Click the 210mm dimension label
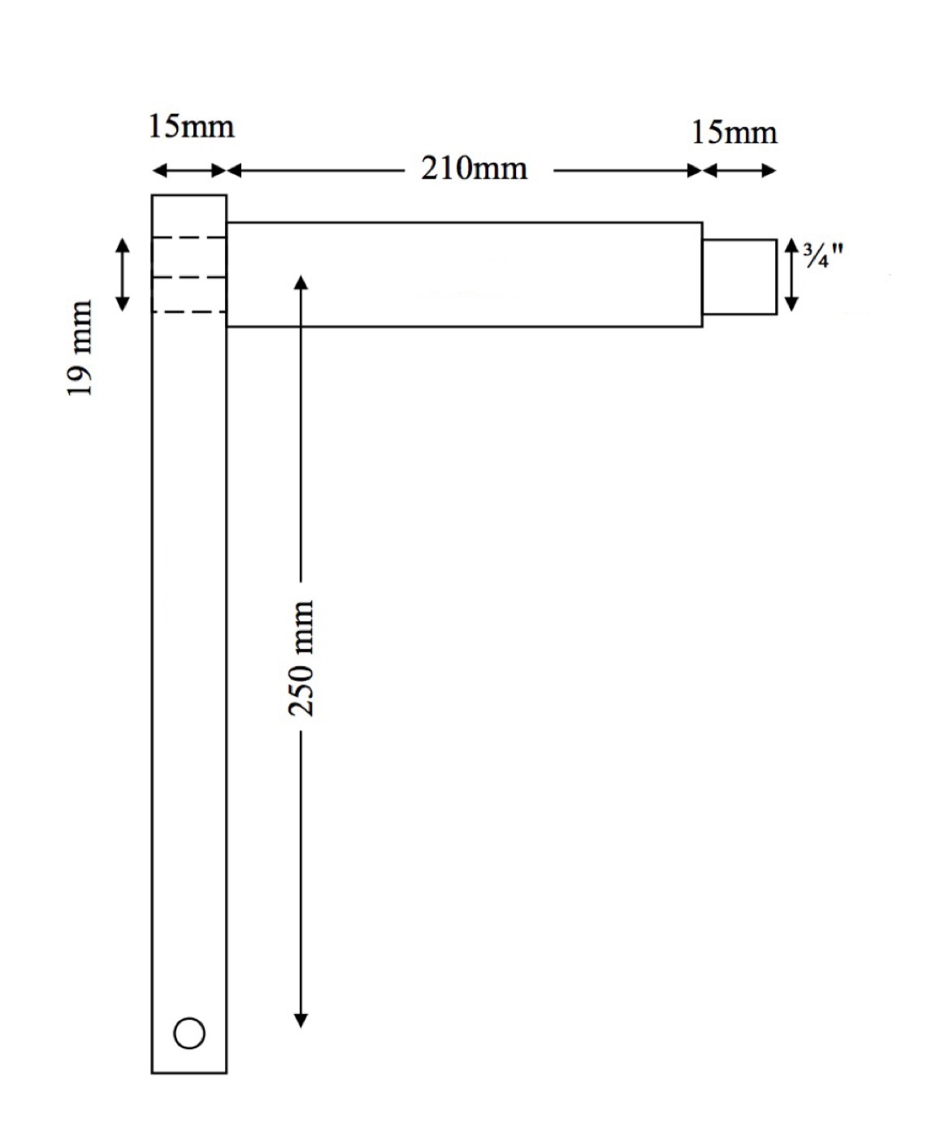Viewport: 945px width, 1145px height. pos(474,168)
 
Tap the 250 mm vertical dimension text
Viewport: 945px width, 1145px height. pos(301,658)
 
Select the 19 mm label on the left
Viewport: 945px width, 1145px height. pos(80,349)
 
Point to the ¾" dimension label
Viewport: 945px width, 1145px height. pos(822,255)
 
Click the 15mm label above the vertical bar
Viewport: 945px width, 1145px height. pos(191,127)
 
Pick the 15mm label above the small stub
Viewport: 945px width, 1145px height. pos(734,133)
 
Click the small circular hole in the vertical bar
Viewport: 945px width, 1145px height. pos(189,1033)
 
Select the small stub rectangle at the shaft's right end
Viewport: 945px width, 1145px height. pos(739,276)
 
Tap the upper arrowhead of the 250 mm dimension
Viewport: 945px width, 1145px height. pos(301,282)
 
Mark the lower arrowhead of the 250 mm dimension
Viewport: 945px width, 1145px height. pos(301,1021)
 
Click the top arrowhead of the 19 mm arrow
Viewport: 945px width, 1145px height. pos(122,245)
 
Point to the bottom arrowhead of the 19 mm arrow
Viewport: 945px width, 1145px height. pos(122,304)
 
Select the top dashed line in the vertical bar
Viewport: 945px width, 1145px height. pos(189,237)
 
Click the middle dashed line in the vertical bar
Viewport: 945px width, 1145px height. pos(189,277)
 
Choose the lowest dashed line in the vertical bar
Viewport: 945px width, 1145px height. pos(189,311)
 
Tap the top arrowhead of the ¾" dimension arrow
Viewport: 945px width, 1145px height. pos(791,246)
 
